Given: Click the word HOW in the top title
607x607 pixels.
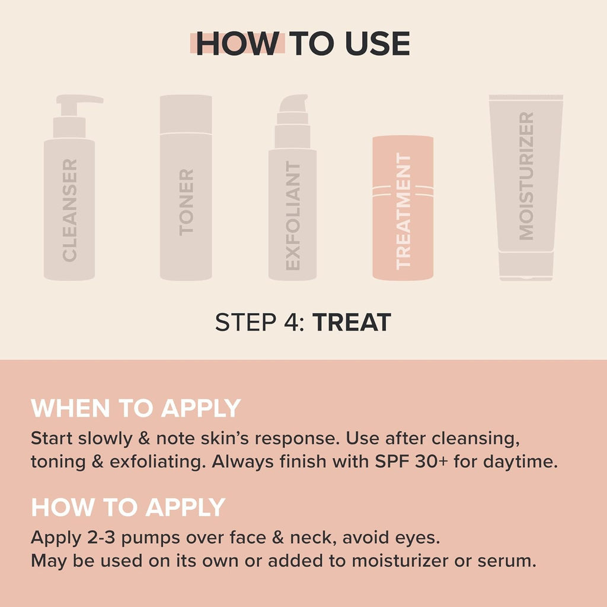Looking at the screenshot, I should (x=237, y=44).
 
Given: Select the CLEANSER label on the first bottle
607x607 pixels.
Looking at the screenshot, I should (x=69, y=210).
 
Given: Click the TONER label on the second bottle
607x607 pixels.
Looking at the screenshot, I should (x=186, y=202).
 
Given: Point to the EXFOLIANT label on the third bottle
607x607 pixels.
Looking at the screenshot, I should (x=293, y=216).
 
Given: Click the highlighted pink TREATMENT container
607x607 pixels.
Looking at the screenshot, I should (x=402, y=207).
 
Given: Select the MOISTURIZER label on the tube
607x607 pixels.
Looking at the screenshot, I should (x=526, y=176).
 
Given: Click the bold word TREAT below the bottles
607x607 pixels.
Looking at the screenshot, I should (x=352, y=322).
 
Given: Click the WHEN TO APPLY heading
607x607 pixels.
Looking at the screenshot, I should (x=136, y=408).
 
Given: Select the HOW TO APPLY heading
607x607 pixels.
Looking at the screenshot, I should (x=128, y=507).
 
